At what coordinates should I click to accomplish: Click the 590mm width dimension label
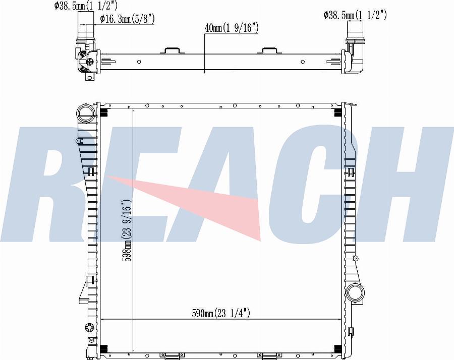point(221,313)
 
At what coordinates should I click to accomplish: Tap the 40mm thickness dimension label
point(232,28)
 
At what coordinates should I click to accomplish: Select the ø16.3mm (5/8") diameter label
point(127,19)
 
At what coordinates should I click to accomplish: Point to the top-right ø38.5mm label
point(355,15)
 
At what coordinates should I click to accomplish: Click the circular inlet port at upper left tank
point(86,113)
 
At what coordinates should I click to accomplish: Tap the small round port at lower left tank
point(90,328)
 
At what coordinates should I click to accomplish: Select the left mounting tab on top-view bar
point(170,50)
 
